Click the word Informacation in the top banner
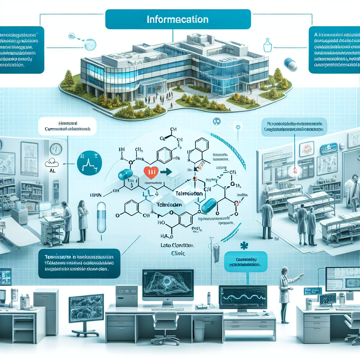coord(177,19)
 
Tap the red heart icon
coord(149,172)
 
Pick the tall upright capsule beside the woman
coord(102,217)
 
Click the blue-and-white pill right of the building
coord(291,65)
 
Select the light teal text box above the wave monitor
coord(246,262)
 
